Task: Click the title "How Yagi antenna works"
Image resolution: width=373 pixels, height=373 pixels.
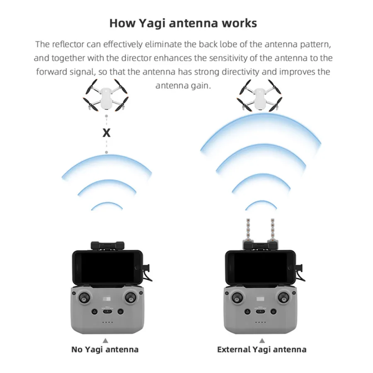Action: (183, 23)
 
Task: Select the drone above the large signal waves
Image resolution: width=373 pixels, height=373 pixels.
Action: (259, 95)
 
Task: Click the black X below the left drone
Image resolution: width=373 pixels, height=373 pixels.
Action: (107, 133)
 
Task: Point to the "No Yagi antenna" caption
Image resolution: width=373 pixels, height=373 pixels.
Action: (105, 349)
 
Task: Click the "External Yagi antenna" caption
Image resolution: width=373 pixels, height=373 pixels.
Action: (262, 349)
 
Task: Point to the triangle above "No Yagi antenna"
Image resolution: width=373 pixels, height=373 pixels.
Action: (105, 340)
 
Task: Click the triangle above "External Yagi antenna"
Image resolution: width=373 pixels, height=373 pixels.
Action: (261, 340)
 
